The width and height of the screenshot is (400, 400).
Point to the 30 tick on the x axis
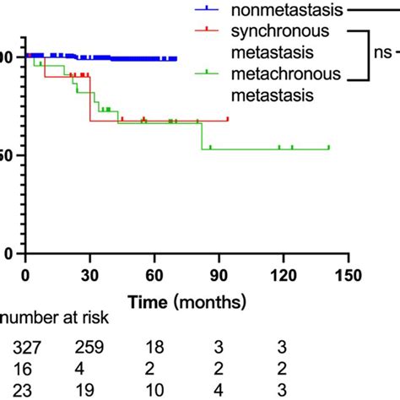point(90,274)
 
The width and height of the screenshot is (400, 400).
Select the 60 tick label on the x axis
point(155,274)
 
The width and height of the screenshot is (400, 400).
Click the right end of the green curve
point(328,149)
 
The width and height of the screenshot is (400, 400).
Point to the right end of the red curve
point(228,120)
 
